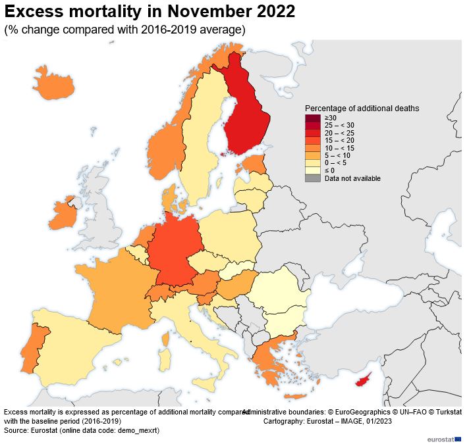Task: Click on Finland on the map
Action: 247,118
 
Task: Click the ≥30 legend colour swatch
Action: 312,118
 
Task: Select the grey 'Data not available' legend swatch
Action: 312,178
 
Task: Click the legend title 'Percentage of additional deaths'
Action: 362,108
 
